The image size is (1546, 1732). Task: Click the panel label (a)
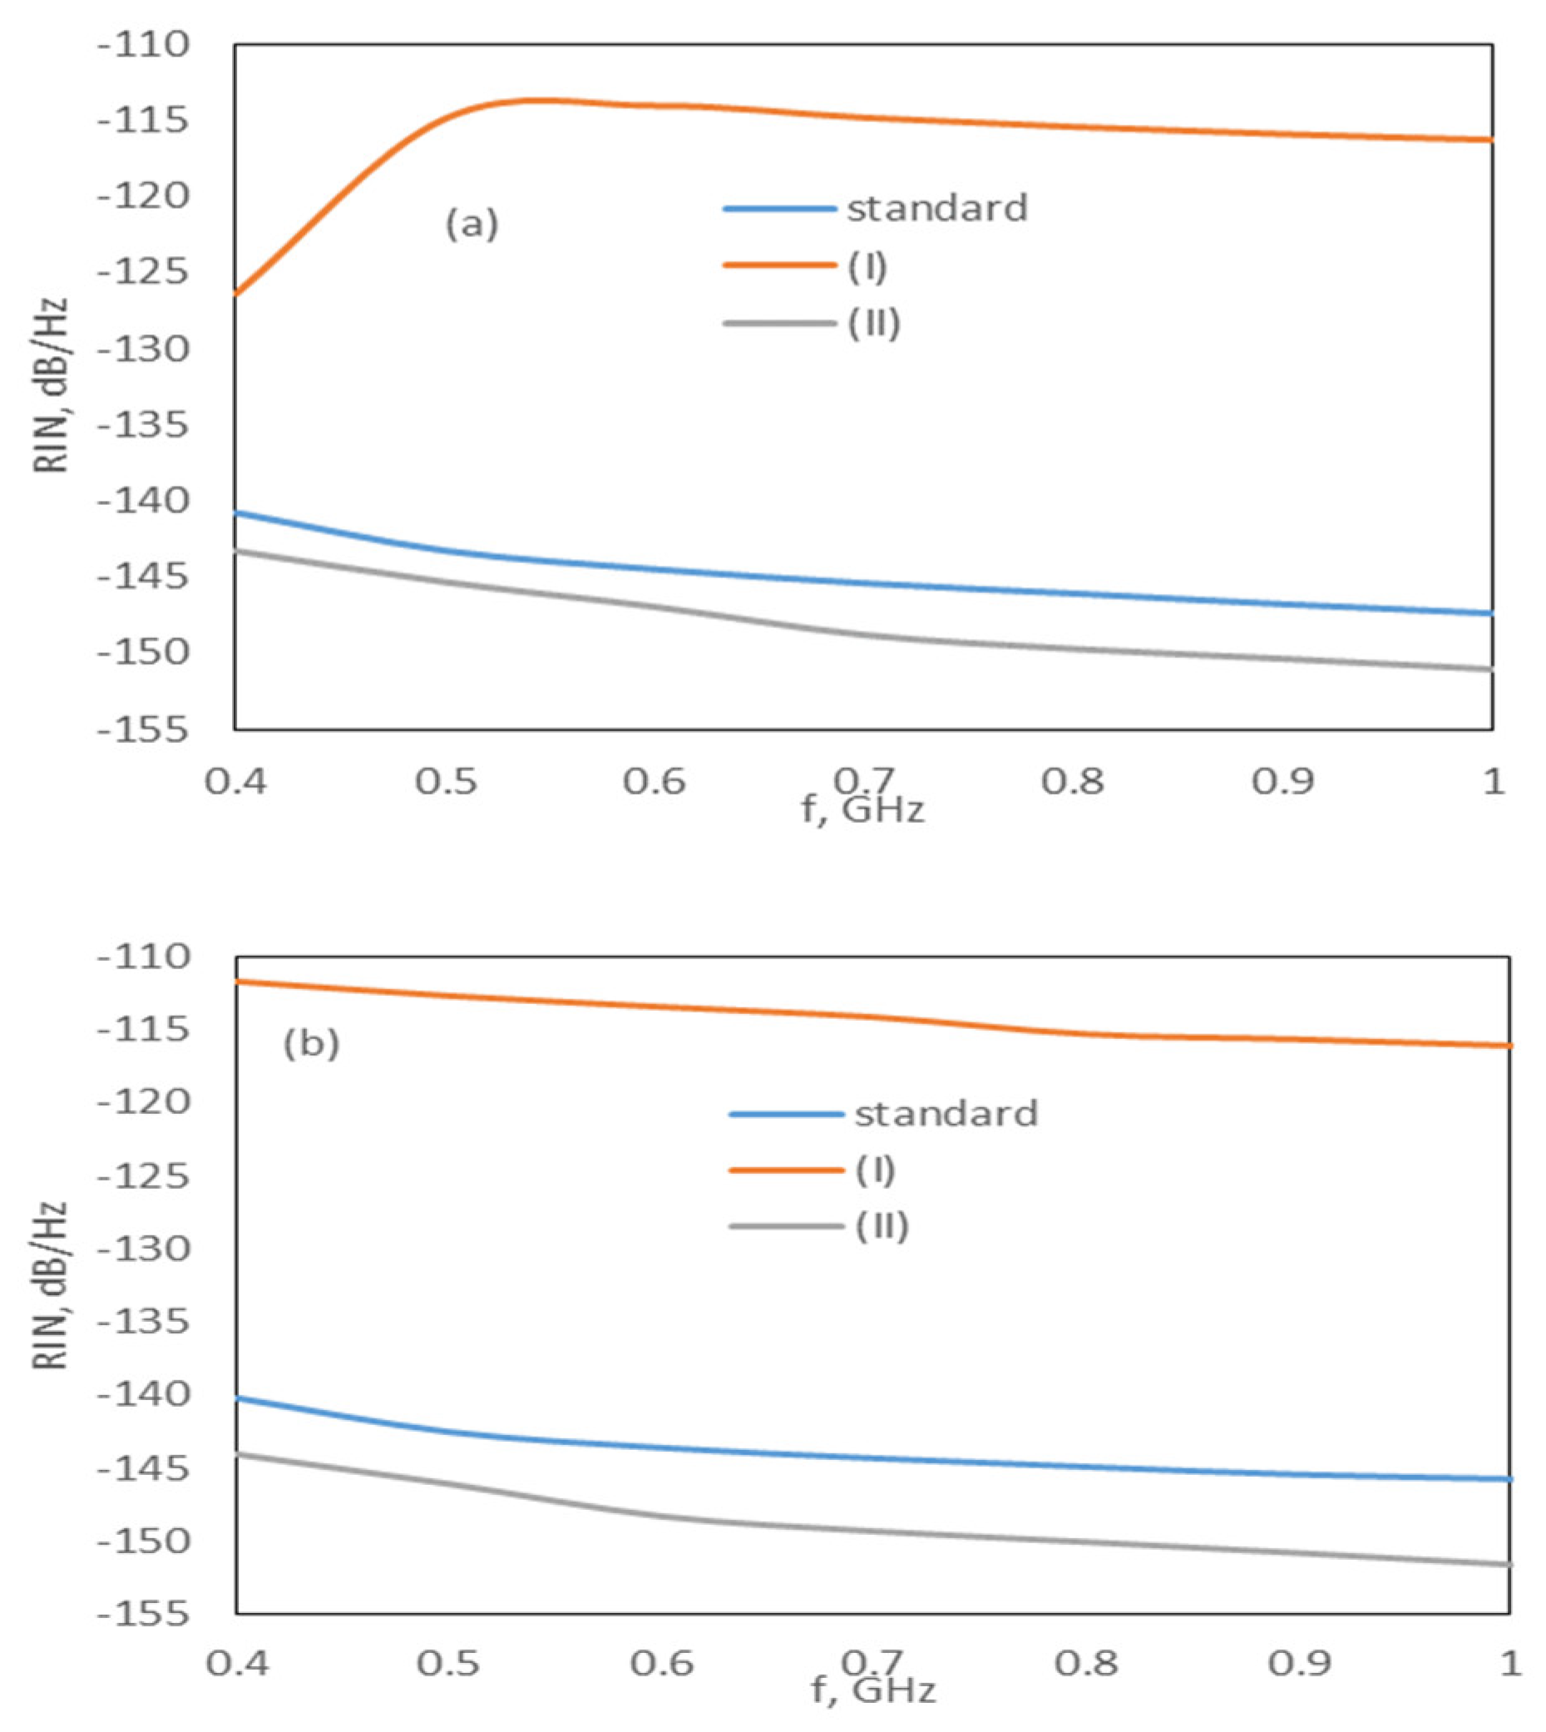472,225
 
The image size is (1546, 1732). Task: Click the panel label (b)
311,1044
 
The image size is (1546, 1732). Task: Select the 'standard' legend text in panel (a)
937,208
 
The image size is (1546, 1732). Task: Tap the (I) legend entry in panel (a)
867,267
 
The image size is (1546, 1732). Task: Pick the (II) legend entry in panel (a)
873,324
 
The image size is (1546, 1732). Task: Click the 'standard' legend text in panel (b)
946,1113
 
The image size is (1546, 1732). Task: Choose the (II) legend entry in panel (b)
882,1227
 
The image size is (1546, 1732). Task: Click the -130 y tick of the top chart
143,349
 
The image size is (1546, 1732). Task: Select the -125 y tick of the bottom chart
143,1177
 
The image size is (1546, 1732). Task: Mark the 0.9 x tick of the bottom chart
1300,1665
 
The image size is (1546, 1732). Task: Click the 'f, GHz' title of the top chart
863,810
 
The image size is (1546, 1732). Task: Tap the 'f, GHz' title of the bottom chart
873,1691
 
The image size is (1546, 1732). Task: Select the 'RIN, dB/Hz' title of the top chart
51,387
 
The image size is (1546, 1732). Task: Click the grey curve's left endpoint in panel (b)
238,1453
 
